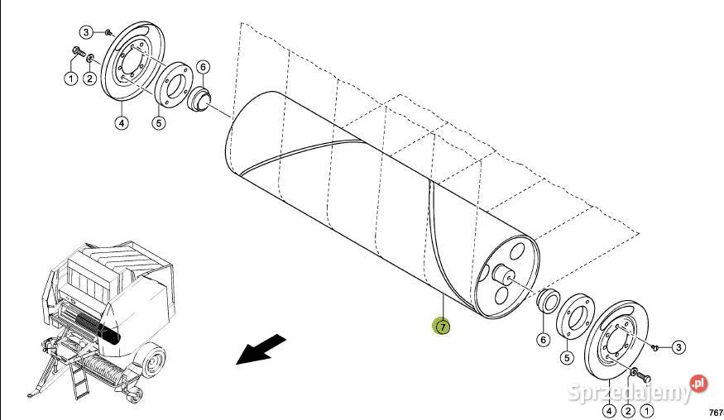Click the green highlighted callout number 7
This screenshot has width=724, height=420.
click(x=443, y=327)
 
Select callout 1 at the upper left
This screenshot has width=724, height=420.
click(x=71, y=79)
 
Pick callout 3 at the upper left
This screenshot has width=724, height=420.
click(x=86, y=32)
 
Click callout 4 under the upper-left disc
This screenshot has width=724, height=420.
click(x=121, y=124)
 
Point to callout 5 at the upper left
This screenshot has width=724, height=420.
click(x=159, y=123)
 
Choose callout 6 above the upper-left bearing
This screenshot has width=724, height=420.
click(x=203, y=67)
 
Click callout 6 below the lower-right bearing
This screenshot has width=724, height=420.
click(x=543, y=338)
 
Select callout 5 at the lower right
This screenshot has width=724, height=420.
click(x=567, y=358)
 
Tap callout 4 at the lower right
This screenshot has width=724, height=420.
click(x=609, y=409)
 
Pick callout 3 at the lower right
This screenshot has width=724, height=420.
click(x=678, y=348)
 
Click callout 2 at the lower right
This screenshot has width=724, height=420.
click(x=628, y=409)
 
